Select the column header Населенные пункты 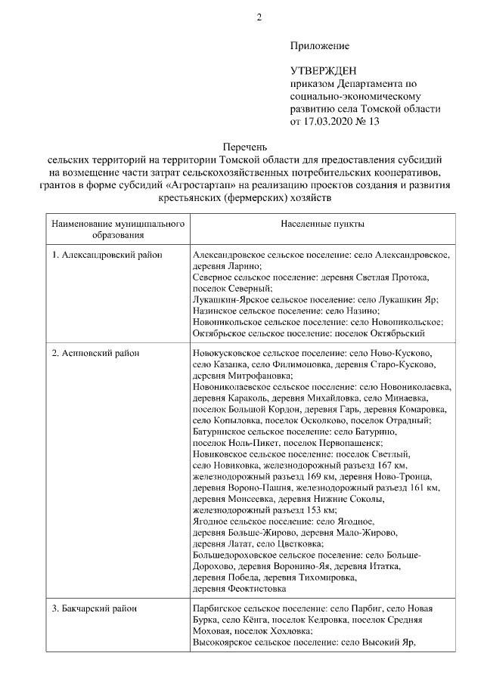coord(322,225)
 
